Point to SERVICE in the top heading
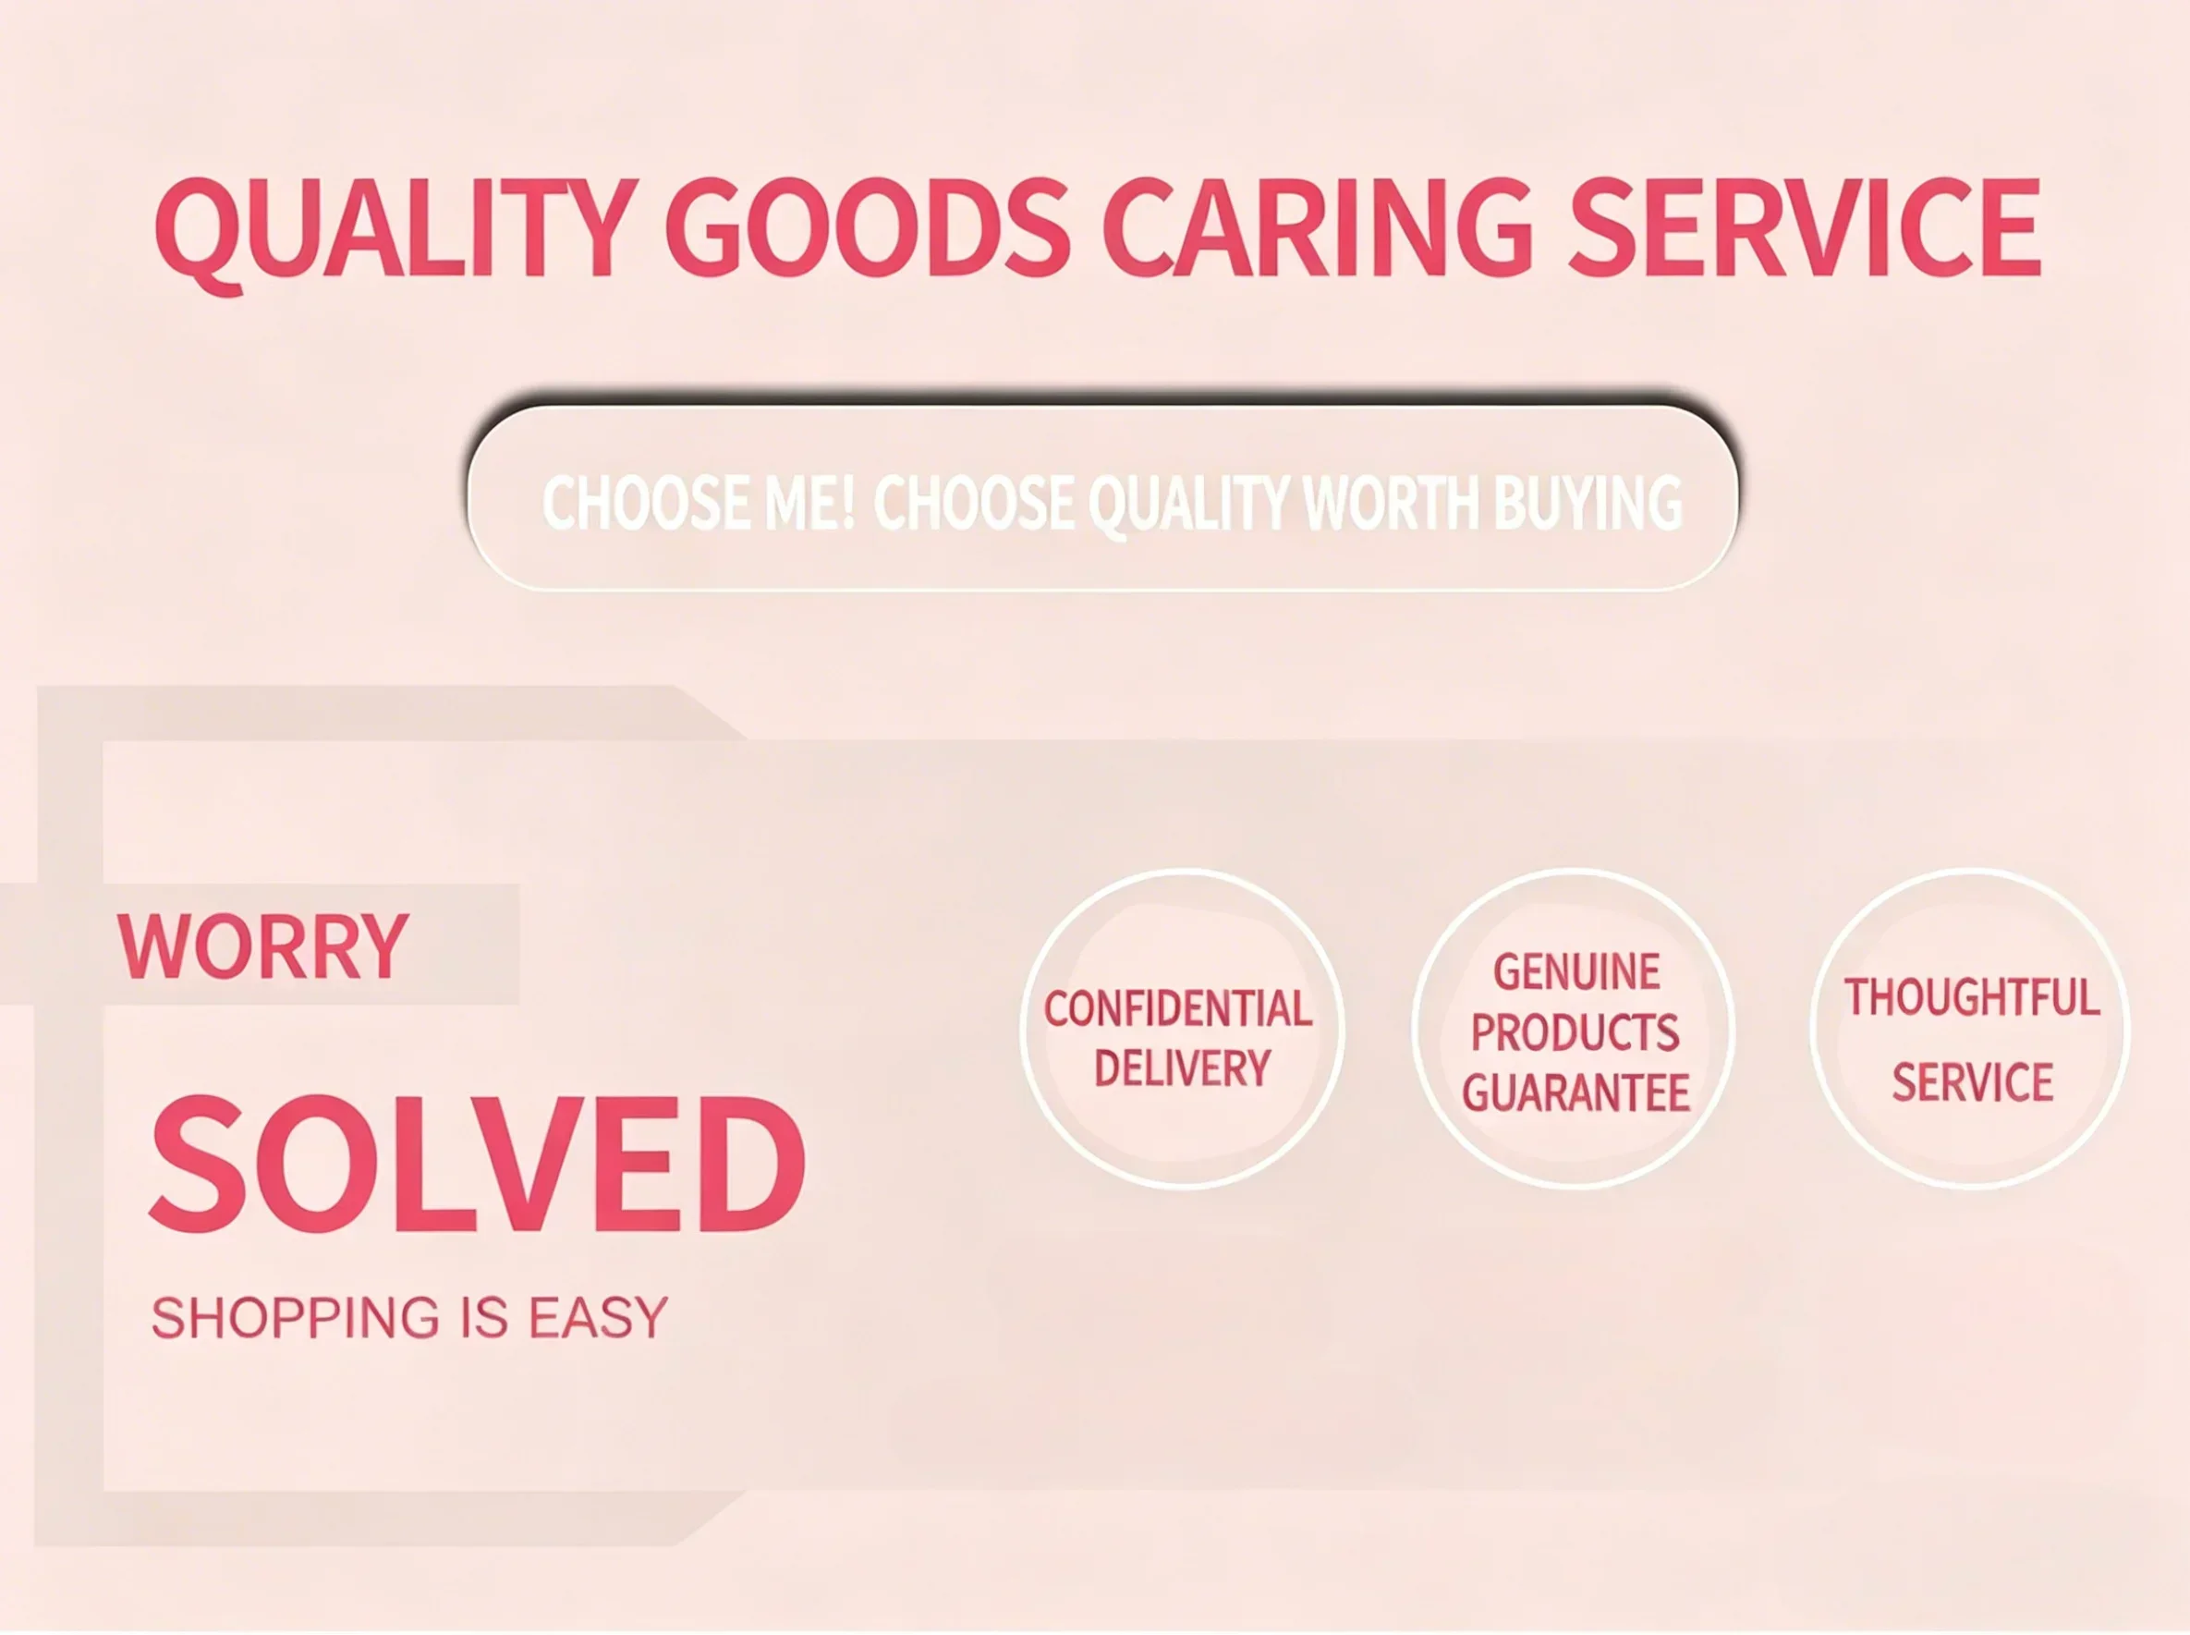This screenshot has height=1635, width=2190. pyautogui.click(x=1804, y=226)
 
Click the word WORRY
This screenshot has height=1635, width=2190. pyautogui.click(x=263, y=946)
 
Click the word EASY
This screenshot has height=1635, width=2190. pyautogui.click(x=599, y=1317)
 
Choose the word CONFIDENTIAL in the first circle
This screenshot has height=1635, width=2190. pyautogui.click(x=1177, y=1008)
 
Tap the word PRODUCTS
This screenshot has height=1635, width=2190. pyautogui.click(x=1575, y=1032)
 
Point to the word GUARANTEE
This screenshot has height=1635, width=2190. pyautogui.click(x=1576, y=1092)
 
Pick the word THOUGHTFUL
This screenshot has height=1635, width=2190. pyautogui.click(x=1971, y=996)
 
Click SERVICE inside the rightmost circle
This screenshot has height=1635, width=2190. pyautogui.click(x=1972, y=1081)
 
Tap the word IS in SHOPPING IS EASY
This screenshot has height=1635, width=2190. pyautogui.click(x=484, y=1317)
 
